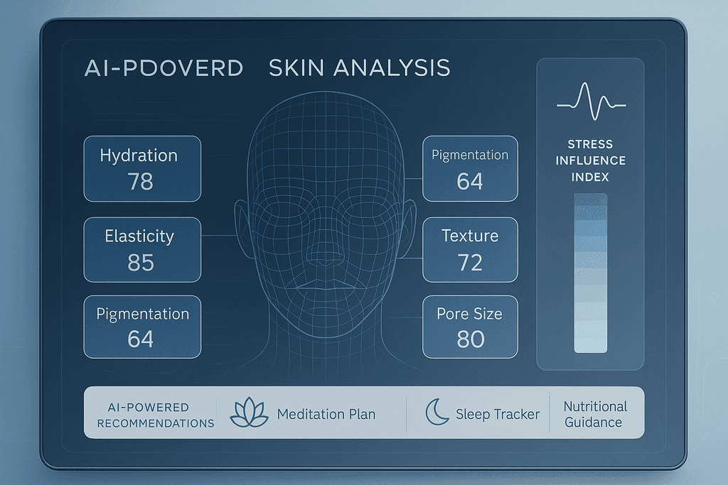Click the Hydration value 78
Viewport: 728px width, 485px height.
tap(140, 181)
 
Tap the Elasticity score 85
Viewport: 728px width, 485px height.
tap(140, 263)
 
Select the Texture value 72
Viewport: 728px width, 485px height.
tap(470, 263)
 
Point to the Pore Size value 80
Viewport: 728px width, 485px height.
tap(471, 339)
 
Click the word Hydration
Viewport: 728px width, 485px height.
tap(139, 156)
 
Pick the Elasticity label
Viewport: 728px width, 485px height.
tap(139, 236)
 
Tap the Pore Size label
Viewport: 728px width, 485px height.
tap(469, 314)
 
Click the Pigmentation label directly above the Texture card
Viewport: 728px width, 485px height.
tap(470, 156)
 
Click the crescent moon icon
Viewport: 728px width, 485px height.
tap(437, 412)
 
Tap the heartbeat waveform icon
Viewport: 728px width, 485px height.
tap(591, 101)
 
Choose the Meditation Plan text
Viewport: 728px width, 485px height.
tap(326, 414)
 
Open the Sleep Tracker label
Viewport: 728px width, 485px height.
tap(498, 414)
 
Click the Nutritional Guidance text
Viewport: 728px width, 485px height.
tap(595, 414)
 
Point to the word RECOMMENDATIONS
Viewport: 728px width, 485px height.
tap(156, 423)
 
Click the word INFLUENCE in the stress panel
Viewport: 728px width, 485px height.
tap(591, 160)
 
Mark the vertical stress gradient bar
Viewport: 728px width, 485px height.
tap(591, 273)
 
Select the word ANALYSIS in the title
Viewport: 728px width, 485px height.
tap(392, 67)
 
